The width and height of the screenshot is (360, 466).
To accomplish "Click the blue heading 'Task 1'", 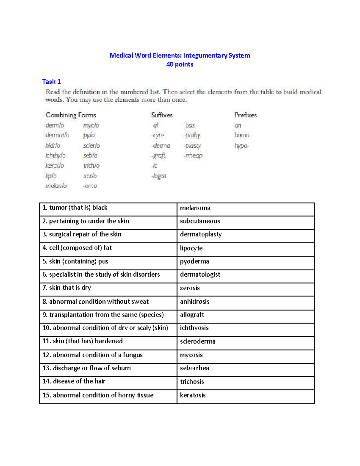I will tap(51, 82).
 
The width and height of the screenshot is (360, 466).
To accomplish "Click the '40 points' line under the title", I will tap(180, 65).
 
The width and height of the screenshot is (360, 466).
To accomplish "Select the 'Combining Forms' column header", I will tap(71, 115).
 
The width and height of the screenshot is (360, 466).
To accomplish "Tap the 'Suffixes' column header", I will tap(162, 115).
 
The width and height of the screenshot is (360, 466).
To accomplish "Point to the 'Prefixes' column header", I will tap(245, 115).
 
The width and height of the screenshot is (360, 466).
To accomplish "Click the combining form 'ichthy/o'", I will tap(55, 156).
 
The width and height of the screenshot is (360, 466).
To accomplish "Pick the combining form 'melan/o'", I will tap(56, 186).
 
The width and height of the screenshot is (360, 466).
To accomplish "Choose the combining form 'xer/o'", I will tap(90, 176).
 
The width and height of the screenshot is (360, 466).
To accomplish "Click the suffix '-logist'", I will tap(159, 176).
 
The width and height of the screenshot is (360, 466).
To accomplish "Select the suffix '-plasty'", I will tap(193, 146).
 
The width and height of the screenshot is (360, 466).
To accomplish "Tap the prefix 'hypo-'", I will tap(241, 146).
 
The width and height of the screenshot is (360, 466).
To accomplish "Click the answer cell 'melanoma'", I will tap(195, 208).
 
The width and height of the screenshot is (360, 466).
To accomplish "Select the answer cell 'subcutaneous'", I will tap(200, 221).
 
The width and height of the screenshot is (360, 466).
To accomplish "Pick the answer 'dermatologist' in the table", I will tap(200, 275).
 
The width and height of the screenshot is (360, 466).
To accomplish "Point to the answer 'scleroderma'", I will tap(197, 341).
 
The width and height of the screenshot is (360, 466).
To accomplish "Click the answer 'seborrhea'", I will tap(194, 368).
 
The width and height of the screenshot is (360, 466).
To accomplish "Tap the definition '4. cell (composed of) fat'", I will tap(77, 248).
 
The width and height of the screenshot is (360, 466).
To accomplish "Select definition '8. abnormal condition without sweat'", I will tap(95, 302).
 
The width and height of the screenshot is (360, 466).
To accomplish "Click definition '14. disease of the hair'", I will tap(74, 381).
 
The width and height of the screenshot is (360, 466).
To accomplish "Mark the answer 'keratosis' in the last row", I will tap(193, 395).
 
